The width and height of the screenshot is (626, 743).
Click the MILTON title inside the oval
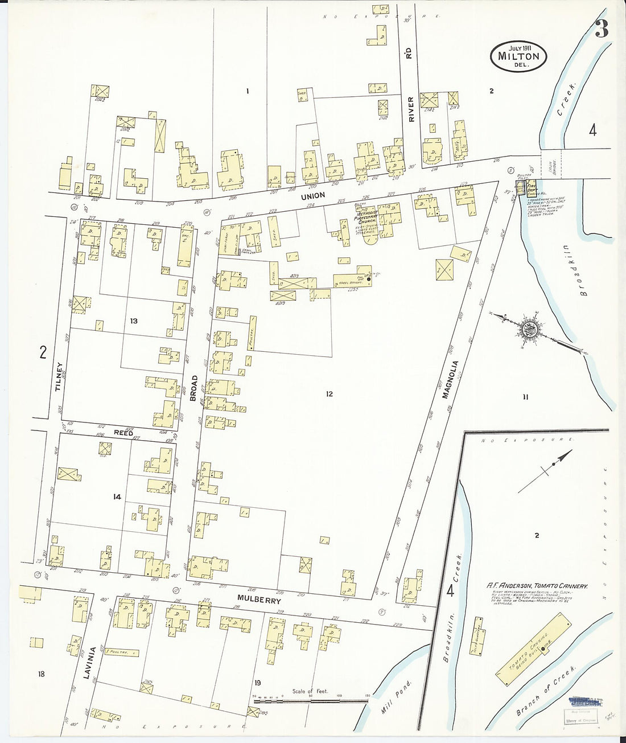click(518, 56)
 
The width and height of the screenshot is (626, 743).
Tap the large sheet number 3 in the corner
click(602, 29)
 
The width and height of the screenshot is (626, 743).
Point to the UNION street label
click(313, 195)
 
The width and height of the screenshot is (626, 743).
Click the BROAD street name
click(193, 388)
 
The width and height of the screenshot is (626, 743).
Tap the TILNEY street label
click(57, 377)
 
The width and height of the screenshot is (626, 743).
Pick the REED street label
click(123, 433)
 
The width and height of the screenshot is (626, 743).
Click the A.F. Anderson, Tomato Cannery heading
click(536, 585)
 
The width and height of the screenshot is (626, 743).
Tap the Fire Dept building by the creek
click(532, 188)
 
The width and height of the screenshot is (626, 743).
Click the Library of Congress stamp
click(581, 720)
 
